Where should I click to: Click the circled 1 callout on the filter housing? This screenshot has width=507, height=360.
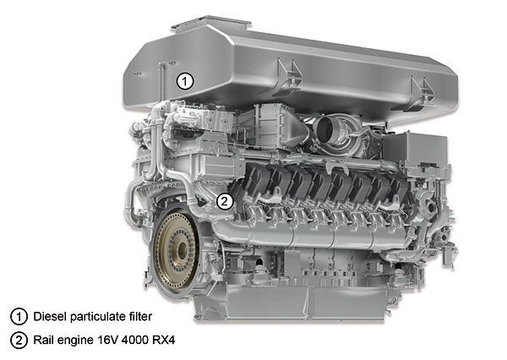pyautogui.click(x=185, y=81)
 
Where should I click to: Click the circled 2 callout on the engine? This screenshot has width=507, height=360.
pyautogui.click(x=225, y=201)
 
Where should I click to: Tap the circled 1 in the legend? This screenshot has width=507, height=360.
pyautogui.click(x=19, y=317)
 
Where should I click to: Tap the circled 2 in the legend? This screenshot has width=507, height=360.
pyautogui.click(x=19, y=341)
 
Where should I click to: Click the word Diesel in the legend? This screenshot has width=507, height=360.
pyautogui.click(x=50, y=316)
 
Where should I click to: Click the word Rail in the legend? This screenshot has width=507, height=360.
pyautogui.click(x=43, y=341)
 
